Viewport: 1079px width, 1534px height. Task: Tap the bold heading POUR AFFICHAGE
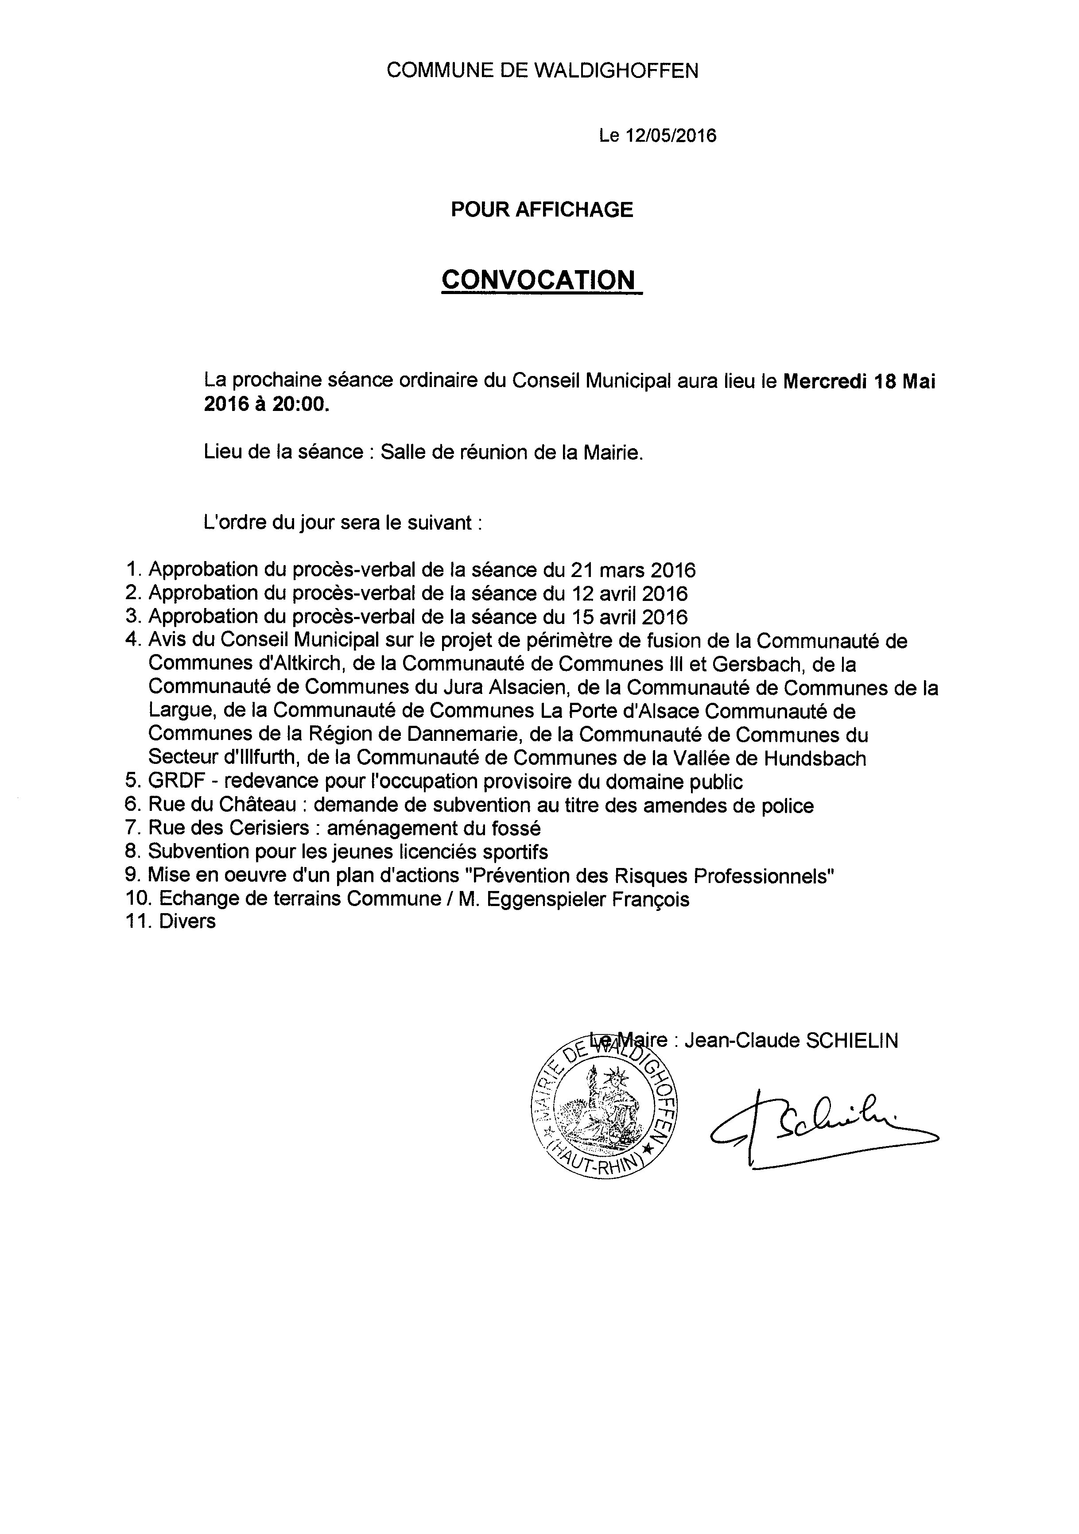tap(542, 210)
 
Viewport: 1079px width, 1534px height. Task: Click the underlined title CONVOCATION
tap(539, 280)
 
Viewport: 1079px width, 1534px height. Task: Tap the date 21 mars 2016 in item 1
tap(632, 570)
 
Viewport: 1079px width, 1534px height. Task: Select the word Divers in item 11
tap(188, 922)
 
